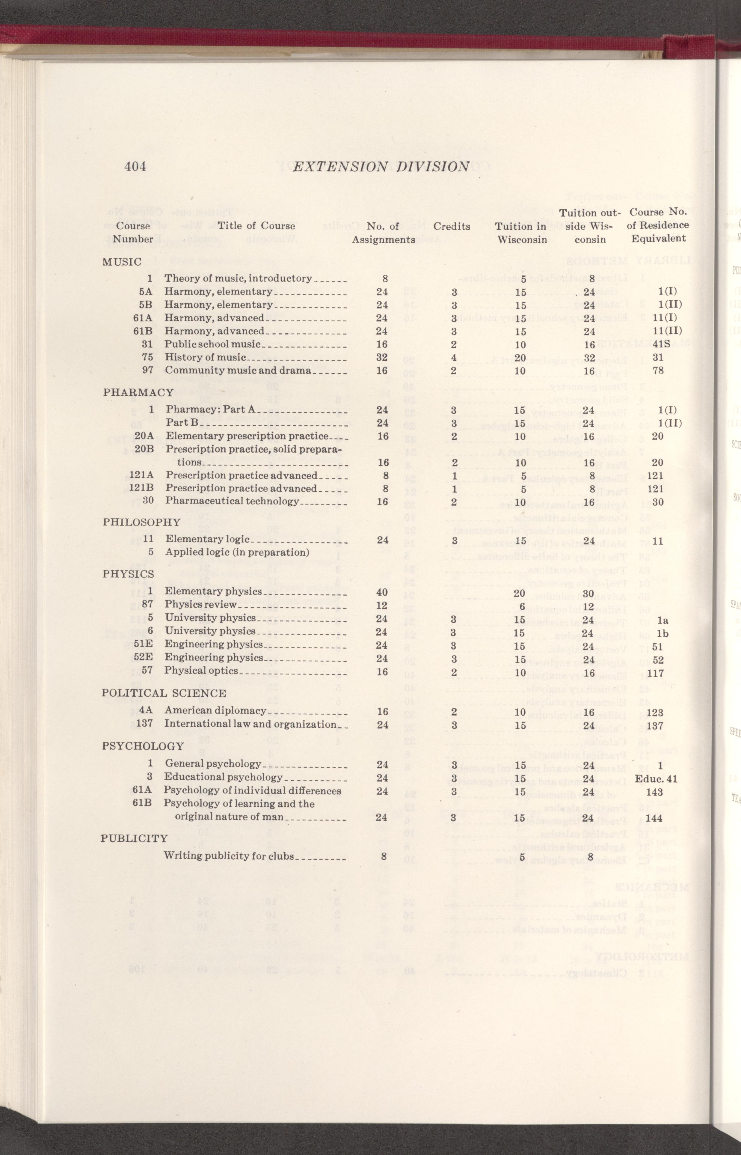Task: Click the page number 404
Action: pyautogui.click(x=135, y=166)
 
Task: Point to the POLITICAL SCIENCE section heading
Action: pyautogui.click(x=164, y=693)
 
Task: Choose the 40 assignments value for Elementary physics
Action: pyautogui.click(x=382, y=592)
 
